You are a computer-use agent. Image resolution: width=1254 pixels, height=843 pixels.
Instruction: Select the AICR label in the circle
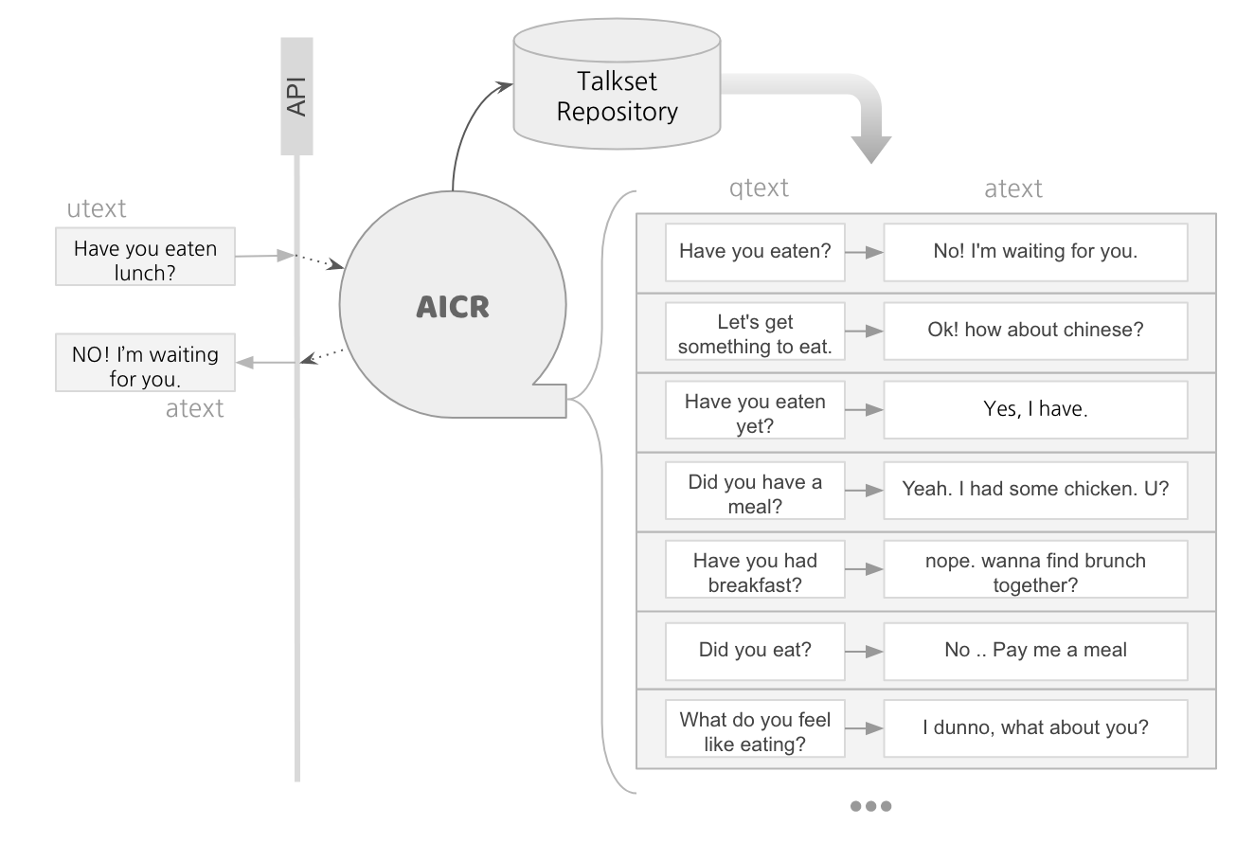pos(453,307)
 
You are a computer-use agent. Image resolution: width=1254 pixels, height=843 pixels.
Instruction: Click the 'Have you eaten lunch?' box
pos(145,260)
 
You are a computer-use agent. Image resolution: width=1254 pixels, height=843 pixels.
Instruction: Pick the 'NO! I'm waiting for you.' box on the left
pos(145,366)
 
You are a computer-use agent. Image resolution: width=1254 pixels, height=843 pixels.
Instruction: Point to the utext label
pos(96,208)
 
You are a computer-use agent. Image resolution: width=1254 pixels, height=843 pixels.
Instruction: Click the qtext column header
pos(759,188)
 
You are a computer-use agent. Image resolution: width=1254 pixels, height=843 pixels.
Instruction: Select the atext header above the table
pos(1012,188)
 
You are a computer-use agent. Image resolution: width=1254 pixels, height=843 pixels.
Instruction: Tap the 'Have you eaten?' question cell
pos(755,252)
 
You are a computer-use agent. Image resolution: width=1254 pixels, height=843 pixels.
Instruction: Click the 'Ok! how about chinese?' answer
pos(1035,332)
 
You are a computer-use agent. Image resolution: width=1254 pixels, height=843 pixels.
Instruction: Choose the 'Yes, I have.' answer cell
pos(1035,410)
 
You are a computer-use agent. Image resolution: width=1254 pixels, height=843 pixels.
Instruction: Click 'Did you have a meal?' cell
pos(755,493)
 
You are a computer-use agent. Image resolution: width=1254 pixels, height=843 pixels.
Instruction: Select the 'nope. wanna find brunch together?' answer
pos(1035,571)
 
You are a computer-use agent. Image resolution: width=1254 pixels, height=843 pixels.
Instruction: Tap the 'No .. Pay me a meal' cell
pos(1035,650)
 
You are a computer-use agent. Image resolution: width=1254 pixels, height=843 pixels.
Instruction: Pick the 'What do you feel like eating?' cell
pos(755,730)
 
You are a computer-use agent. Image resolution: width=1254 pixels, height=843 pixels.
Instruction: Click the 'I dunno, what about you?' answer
pos(1035,728)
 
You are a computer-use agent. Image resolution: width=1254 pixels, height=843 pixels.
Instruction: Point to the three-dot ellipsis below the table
pos(870,806)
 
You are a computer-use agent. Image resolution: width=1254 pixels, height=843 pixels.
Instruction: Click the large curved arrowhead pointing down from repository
pos(870,148)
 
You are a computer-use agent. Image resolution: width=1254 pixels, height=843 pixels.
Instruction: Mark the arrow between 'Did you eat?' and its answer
pos(864,651)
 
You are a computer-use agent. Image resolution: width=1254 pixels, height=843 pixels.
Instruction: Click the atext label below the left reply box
pos(194,408)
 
